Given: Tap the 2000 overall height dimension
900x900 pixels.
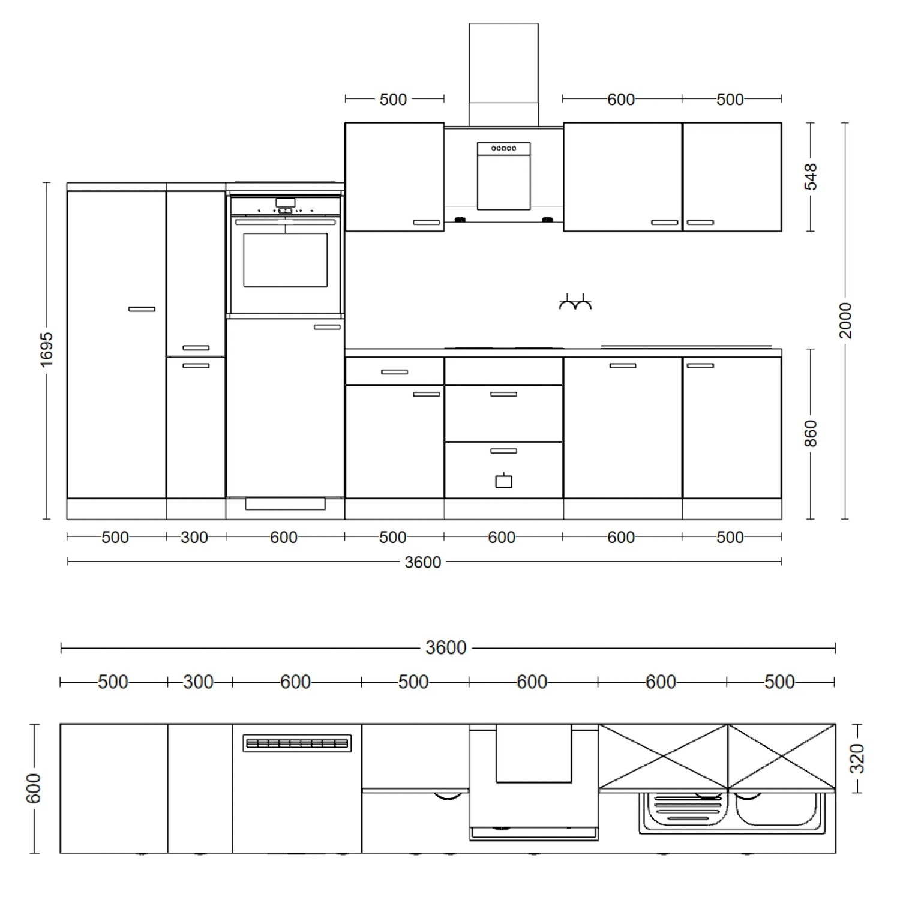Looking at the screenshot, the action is click(x=845, y=320).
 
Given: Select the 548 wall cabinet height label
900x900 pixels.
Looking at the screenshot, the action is click(x=811, y=176).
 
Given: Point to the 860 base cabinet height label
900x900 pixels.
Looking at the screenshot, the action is click(x=811, y=433).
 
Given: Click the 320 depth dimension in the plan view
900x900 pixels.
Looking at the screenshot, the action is click(x=858, y=758).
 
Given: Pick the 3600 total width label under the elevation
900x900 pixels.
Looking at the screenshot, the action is click(x=423, y=562).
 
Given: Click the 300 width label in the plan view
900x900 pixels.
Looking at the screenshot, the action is click(x=198, y=682).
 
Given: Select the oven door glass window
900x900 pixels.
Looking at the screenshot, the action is click(x=286, y=260).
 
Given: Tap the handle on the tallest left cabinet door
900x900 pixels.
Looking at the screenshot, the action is click(x=142, y=309).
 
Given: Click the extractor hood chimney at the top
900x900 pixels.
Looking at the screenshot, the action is click(x=503, y=74).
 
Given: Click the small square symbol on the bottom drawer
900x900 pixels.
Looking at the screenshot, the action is click(x=503, y=481).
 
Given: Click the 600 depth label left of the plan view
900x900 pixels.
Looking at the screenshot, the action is click(x=34, y=788).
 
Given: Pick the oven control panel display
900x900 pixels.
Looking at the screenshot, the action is click(x=285, y=202).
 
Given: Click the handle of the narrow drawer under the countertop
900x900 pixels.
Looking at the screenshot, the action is click(x=394, y=372).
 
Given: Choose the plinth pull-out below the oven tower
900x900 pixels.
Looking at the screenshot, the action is click(x=286, y=503).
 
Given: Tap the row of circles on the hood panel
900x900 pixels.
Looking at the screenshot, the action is click(x=503, y=148).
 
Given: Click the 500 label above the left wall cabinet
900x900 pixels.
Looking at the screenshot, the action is click(x=394, y=99).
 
